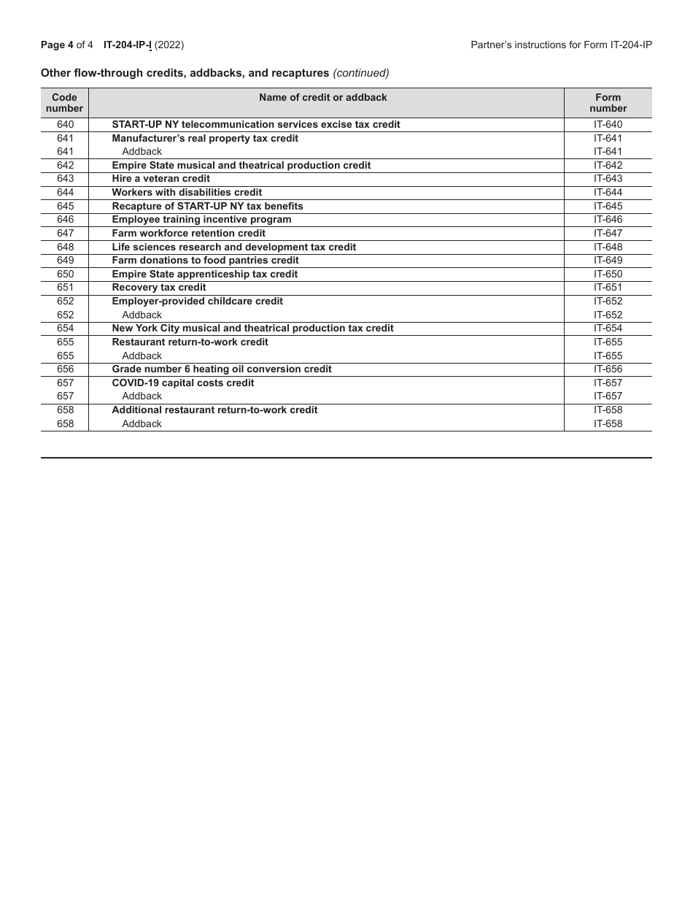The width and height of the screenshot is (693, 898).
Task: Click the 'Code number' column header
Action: (65, 103)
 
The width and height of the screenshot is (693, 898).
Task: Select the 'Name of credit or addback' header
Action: (322, 97)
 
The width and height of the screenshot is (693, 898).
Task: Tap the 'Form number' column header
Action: (608, 103)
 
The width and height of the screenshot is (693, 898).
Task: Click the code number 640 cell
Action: (65, 125)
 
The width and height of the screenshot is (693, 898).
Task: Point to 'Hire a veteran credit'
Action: (160, 179)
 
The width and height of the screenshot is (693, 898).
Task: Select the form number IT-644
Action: (608, 193)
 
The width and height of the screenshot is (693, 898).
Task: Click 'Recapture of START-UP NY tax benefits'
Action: (207, 206)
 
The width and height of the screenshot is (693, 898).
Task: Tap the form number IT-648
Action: (608, 247)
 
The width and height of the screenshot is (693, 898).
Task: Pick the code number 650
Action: (65, 275)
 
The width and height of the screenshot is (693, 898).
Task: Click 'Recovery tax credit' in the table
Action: (158, 288)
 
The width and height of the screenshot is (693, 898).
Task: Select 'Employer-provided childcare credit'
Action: (197, 302)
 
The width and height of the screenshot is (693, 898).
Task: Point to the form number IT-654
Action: (608, 329)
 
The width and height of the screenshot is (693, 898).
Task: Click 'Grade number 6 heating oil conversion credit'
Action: (221, 369)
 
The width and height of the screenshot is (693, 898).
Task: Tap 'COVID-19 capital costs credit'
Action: (182, 383)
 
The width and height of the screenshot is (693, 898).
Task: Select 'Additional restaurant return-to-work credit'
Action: (214, 410)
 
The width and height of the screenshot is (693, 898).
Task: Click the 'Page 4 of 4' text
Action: (67, 45)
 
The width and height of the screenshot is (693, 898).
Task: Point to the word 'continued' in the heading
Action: (361, 73)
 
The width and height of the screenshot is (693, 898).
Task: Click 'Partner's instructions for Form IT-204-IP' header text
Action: (561, 45)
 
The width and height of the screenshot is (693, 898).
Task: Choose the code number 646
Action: (65, 220)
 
